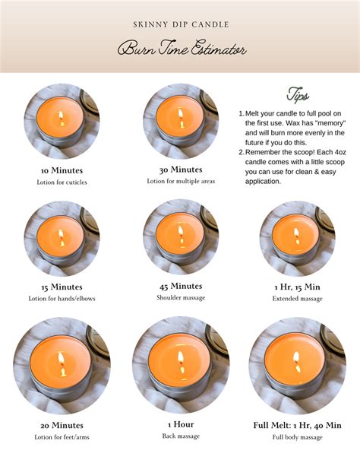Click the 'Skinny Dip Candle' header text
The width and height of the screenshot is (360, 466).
pos(179,24)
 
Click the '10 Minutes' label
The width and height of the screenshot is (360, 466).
pos(62,170)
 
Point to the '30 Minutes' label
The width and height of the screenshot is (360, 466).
pos(180,170)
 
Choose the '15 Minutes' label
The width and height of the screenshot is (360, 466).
pos(62,287)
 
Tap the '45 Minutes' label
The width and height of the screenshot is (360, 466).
pos(180,286)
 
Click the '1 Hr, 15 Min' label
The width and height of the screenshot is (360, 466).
pos(297,287)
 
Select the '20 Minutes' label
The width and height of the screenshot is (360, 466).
pos(62,425)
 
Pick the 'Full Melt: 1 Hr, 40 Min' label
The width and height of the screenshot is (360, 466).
pos(297,424)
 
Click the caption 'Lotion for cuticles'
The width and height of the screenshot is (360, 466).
pos(62,182)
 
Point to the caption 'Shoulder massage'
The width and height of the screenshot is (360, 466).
pos(180,298)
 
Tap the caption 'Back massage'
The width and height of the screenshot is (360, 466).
pos(180,436)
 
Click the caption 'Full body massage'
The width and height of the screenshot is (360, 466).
pos(297,436)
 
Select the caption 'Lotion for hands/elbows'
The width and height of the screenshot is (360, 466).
pos(62,299)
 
